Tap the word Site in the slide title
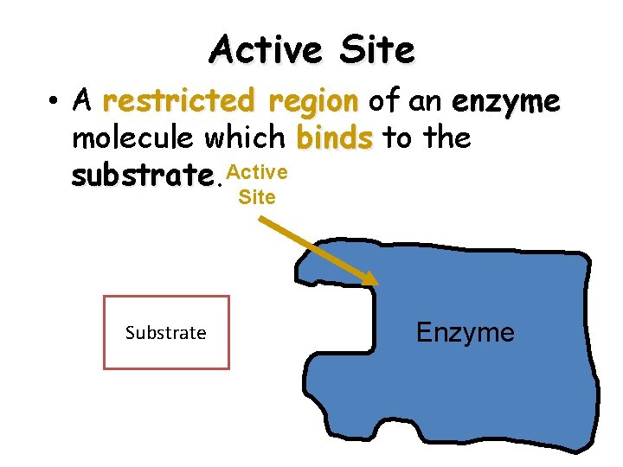[377, 49]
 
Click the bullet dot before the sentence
[55, 102]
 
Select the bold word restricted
[177, 102]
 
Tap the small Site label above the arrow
[257, 197]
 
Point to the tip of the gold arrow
[376, 283]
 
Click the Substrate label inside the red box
[165, 333]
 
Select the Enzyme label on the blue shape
[466, 332]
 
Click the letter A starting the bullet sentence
[83, 102]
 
